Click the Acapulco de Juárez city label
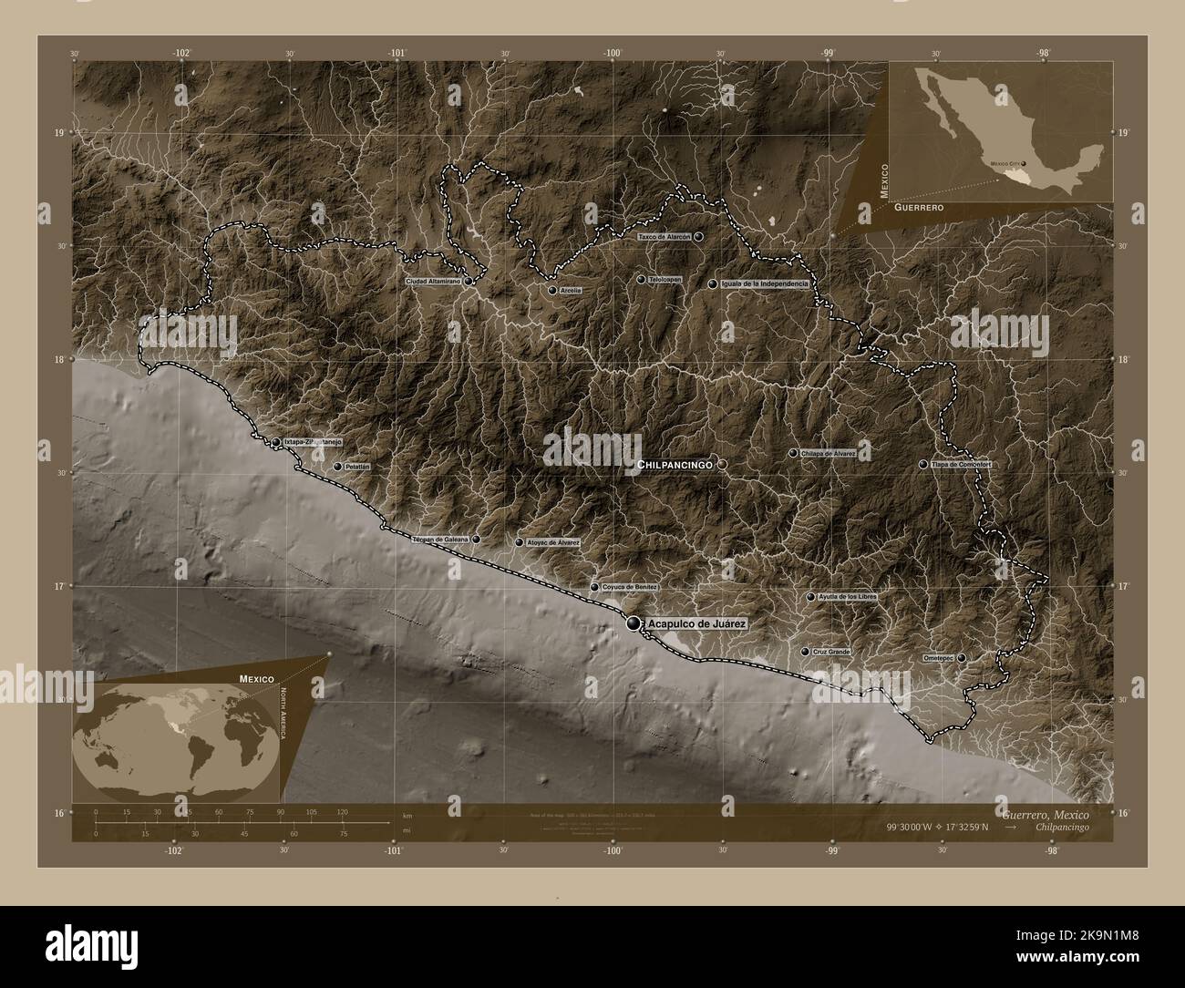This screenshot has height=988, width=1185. pyautogui.click(x=697, y=623)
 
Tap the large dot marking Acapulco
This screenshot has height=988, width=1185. pyautogui.click(x=634, y=623)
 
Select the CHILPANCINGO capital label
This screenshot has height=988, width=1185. pyautogui.click(x=675, y=465)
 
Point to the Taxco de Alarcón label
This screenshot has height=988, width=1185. pyautogui.click(x=665, y=236)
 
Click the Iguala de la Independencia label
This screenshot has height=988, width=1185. pyautogui.click(x=764, y=284)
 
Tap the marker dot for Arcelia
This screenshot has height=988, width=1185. pyautogui.click(x=552, y=291)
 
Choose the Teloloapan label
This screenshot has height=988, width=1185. pyautogui.click(x=665, y=279)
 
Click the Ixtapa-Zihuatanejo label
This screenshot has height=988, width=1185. pyautogui.click(x=313, y=441)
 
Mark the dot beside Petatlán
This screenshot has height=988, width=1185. pyautogui.click(x=337, y=467)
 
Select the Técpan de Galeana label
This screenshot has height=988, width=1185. pyautogui.click(x=440, y=540)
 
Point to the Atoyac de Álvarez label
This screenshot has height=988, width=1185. pyautogui.click(x=553, y=542)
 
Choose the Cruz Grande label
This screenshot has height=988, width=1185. pyautogui.click(x=830, y=652)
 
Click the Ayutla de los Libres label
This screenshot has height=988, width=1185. pyautogui.click(x=848, y=597)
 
